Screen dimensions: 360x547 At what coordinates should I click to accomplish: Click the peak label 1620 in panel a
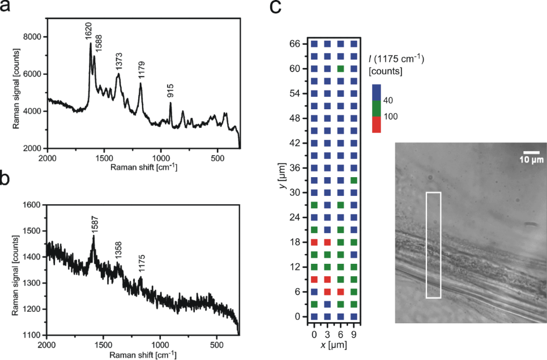coord(89,32)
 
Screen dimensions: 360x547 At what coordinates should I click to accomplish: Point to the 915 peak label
coord(170,91)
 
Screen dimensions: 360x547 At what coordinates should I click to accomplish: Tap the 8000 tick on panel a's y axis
coord(32,37)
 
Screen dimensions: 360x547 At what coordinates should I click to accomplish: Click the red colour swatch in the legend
coord(377,126)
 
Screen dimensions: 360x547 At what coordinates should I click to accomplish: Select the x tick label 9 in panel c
coord(354,327)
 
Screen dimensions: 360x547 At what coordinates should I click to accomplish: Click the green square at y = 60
coord(340,68)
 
